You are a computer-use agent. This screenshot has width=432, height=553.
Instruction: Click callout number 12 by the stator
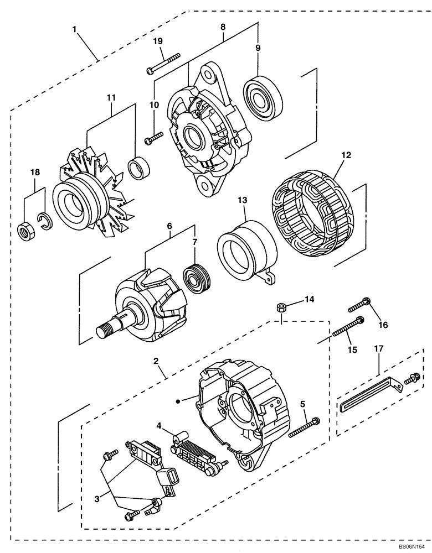(346, 156)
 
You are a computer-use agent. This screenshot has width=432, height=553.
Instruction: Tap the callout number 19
(158, 41)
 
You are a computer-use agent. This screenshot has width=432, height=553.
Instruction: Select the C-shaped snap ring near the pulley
(44, 221)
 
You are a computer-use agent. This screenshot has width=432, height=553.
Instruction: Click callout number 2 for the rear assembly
(156, 361)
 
